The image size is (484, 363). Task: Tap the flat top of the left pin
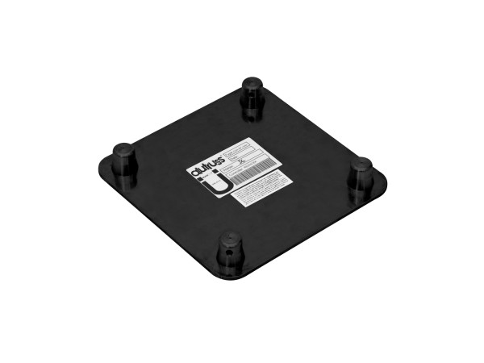click(123, 148)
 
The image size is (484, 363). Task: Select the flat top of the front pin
click(230, 240)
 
